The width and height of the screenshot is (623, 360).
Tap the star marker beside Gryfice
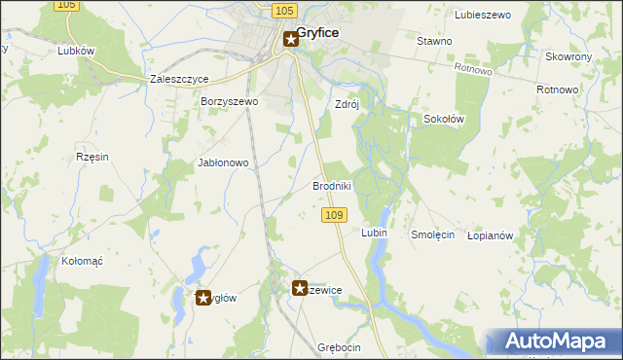coord(291,40)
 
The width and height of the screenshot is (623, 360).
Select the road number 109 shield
coord(334,214)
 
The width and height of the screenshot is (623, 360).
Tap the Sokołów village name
coord(444,119)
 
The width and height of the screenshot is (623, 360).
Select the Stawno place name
coord(434,41)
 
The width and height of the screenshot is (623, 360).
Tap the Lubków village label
coord(75,51)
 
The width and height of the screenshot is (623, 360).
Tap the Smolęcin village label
coord(432,234)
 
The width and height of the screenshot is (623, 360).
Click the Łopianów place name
coord(490,235)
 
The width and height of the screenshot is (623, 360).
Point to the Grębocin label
coord(339,347)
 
